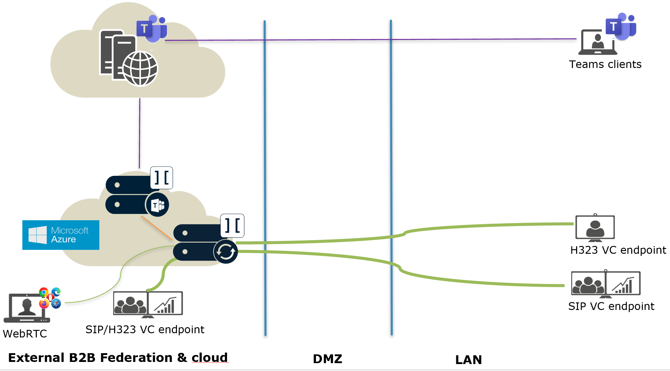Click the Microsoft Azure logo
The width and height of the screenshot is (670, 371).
click(61, 235)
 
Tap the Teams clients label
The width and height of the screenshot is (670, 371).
click(605, 64)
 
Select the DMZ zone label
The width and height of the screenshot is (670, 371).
click(328, 359)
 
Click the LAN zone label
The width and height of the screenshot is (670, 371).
click(468, 360)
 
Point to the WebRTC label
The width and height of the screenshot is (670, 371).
click(25, 334)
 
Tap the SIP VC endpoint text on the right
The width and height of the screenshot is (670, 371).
click(611, 306)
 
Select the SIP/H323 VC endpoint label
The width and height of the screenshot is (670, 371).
click(145, 329)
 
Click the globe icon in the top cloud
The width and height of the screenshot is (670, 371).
click(140, 69)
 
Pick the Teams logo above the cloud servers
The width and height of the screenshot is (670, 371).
click(152, 29)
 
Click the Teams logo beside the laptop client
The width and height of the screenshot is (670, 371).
click(621, 27)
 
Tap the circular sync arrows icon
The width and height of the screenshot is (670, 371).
click(226, 252)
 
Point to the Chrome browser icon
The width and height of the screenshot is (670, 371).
click(44, 292)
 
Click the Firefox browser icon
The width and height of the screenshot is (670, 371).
click(44, 303)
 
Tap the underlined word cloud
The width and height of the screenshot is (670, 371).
click(210, 358)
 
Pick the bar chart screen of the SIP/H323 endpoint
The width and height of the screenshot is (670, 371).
click(165, 303)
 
